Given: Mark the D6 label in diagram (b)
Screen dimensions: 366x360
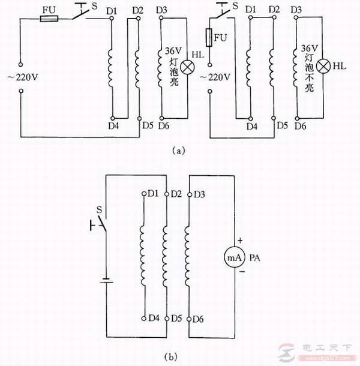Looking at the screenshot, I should pos(200,318).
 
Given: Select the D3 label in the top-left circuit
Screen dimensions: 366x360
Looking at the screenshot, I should pos(161,10).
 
